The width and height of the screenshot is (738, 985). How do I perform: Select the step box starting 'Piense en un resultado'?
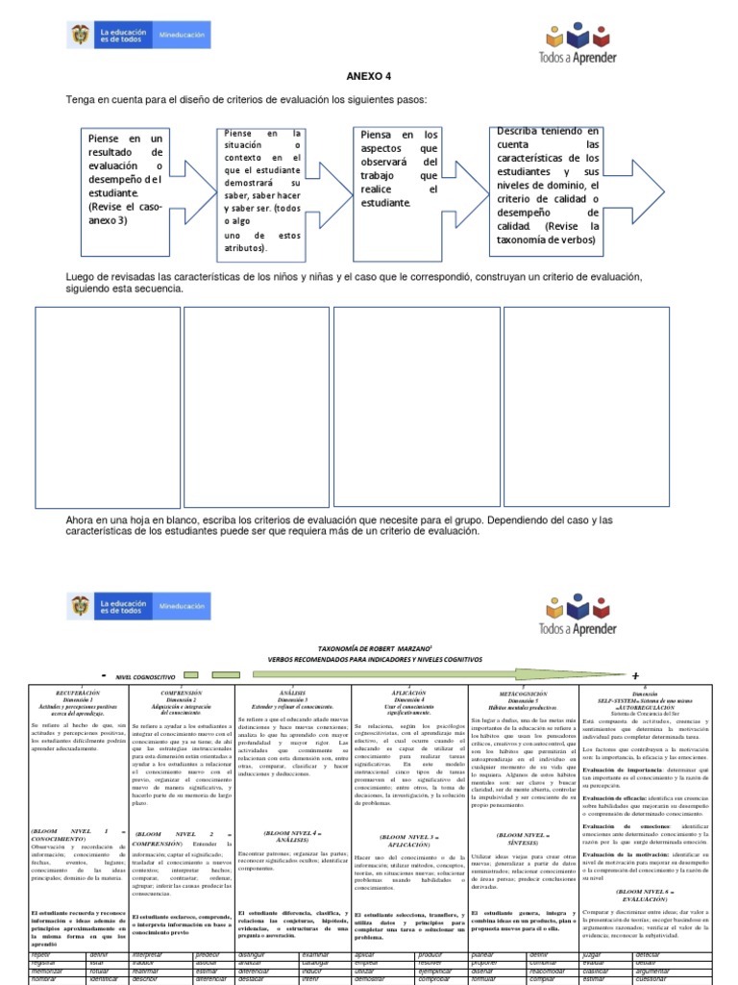coord(125,179)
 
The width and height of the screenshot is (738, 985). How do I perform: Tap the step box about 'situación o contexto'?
coord(262,189)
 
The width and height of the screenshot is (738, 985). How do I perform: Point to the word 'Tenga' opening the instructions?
coord(81,100)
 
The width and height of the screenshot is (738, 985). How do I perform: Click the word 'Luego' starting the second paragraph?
coord(81,277)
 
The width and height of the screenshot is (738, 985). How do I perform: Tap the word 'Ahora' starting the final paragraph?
coord(82,520)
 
